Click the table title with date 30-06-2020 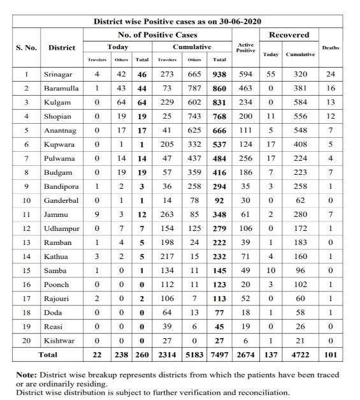(176, 21)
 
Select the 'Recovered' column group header (289, 34)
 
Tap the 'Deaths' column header (331, 48)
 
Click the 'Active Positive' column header (245, 48)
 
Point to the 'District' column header (61, 47)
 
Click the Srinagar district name (58, 75)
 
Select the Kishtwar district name (59, 341)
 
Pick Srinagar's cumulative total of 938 (220, 75)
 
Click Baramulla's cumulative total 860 (220, 89)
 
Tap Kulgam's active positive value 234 (245, 103)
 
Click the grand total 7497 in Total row (220, 354)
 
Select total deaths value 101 (331, 354)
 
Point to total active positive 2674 (245, 354)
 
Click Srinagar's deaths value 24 (331, 75)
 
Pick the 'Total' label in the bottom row (48, 354)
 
